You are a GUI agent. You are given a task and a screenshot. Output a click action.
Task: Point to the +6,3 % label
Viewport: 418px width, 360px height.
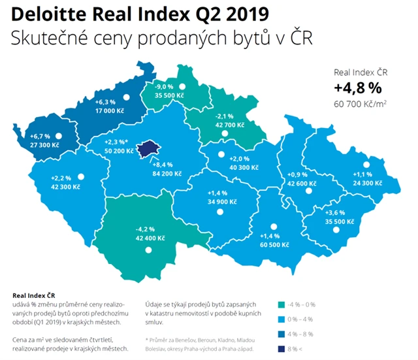[105, 102]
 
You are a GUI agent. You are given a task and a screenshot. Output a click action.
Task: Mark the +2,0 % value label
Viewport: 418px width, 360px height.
[240, 157]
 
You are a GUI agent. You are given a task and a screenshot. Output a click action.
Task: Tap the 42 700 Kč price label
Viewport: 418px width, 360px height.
[229, 124]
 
